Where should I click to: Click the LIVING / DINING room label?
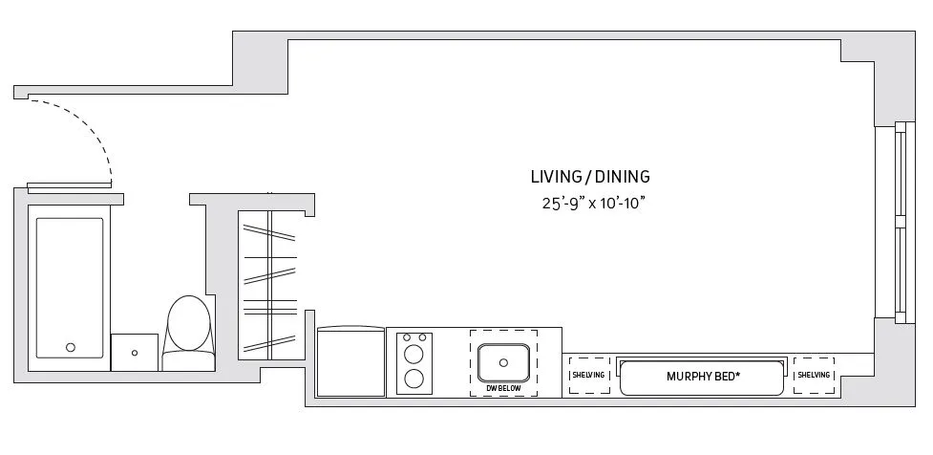(590, 176)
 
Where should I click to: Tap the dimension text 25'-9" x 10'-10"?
(590, 203)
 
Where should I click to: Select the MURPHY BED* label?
(703, 376)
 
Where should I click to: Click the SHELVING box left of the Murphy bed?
(588, 376)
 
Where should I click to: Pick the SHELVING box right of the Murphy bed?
(814, 376)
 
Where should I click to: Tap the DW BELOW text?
(502, 389)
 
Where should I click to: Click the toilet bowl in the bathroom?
(188, 325)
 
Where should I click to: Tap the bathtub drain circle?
(70, 347)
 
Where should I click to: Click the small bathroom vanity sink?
(135, 353)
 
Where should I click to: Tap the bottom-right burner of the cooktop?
(414, 378)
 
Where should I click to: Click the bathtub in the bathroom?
(70, 287)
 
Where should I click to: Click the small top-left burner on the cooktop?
(406, 337)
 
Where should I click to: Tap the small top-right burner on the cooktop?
(422, 337)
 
